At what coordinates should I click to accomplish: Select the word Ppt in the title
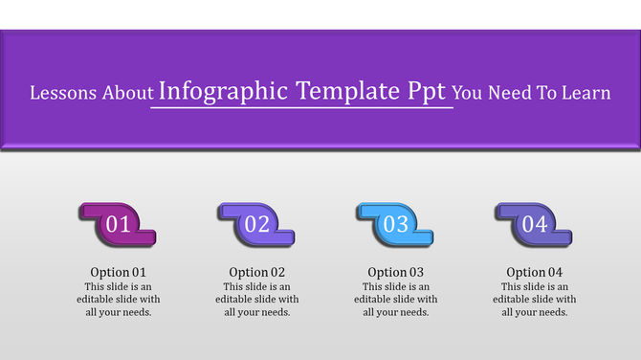coord(428,92)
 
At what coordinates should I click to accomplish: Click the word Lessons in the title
coord(62,94)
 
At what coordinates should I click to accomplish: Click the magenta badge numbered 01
coord(119,225)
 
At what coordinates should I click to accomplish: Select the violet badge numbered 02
coord(257,225)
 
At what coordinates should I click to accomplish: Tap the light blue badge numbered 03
coord(396,225)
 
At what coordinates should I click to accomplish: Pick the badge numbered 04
coord(534,225)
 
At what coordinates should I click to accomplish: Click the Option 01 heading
coord(119,272)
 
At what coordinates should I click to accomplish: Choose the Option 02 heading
coord(257,272)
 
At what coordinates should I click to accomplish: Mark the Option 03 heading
coord(396,272)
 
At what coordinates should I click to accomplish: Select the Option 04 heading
coord(535,272)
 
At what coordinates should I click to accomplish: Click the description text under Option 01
coord(119,299)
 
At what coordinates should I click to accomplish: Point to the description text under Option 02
coord(257,299)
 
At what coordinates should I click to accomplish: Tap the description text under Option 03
coord(396,299)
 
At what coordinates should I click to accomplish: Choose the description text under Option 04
coord(535,299)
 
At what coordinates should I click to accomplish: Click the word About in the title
coord(125,94)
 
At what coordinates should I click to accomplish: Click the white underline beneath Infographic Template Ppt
coord(301,108)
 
